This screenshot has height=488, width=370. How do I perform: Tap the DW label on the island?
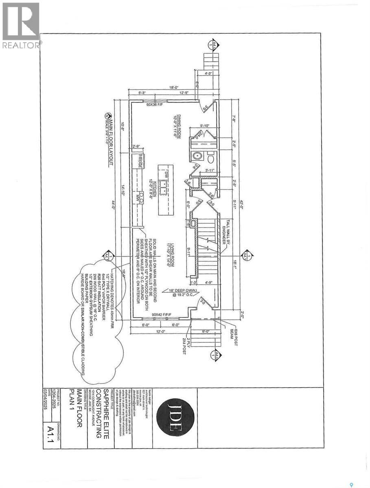coord(166,175)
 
